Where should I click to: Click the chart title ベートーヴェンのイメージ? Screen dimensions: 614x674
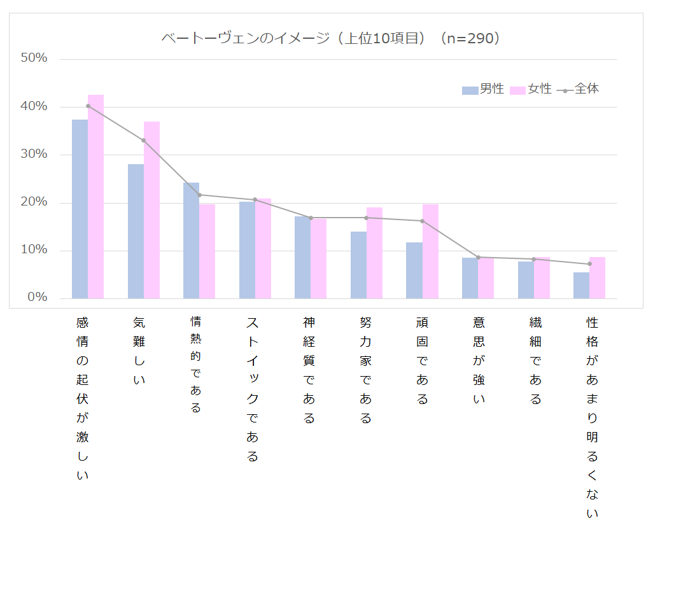331,39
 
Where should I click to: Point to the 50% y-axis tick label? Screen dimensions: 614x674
34,59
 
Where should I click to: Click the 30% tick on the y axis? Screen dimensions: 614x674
34,155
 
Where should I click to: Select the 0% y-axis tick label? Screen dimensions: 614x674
37,298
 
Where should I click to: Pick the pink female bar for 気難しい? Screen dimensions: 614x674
151,210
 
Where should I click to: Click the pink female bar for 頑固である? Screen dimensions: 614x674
430,251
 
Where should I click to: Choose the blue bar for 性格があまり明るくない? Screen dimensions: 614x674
581,285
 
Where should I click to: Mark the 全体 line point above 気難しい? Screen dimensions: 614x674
143,140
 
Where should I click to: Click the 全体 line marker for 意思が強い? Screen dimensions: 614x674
478,257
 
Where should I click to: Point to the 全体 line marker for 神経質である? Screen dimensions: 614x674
311,218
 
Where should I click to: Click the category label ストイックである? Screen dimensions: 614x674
253,389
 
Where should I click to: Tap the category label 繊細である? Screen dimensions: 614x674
535,360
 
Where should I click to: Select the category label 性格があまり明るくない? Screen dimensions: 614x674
592,417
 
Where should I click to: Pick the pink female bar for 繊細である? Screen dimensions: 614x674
542,277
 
